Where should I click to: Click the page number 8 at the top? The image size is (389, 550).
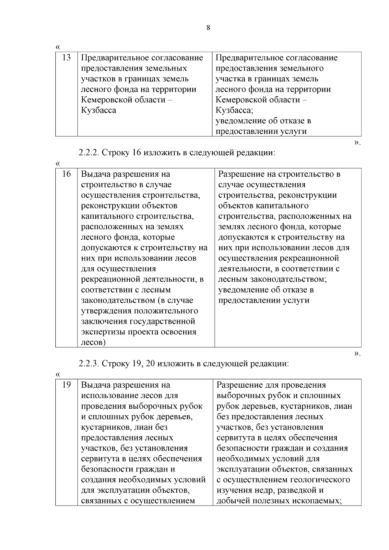pyautogui.click(x=208, y=28)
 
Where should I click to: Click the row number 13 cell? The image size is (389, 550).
pyautogui.click(x=66, y=58)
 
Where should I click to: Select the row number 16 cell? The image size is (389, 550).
pyautogui.click(x=66, y=174)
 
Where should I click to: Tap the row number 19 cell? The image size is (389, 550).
pyautogui.click(x=66, y=385)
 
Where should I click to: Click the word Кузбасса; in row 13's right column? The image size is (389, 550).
pyautogui.click(x=234, y=111)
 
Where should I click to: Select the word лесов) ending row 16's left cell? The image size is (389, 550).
pyautogui.click(x=93, y=343)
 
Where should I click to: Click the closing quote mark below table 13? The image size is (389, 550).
pyautogui.click(x=357, y=142)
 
